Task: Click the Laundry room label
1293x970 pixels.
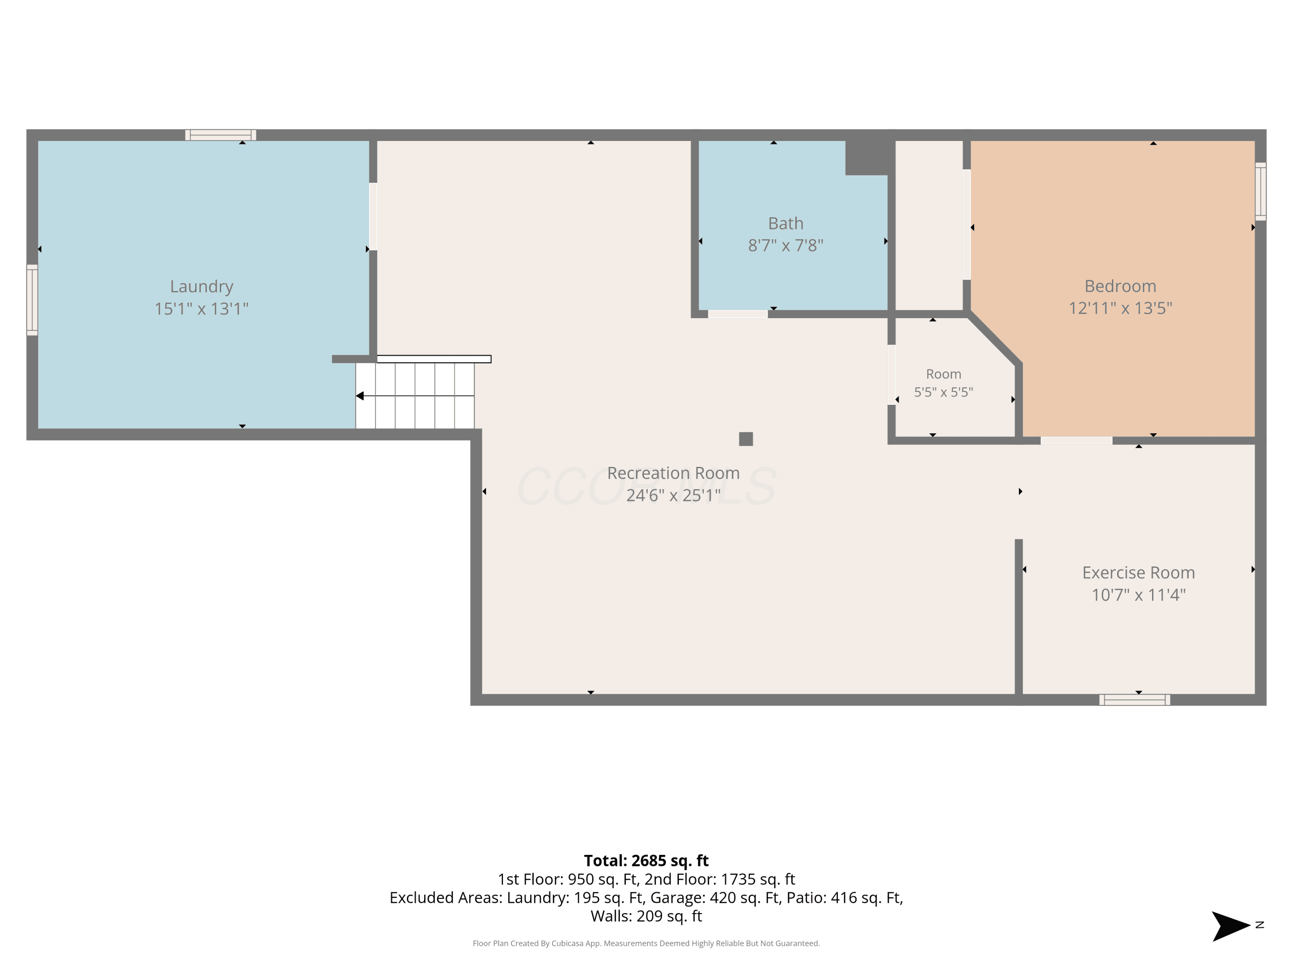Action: pos(202,287)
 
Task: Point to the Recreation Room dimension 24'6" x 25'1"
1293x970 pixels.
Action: pos(673,495)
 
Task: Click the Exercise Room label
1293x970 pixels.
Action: pos(1139,573)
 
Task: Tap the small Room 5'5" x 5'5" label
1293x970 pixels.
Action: pos(943,383)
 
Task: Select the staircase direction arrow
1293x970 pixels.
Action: pos(415,396)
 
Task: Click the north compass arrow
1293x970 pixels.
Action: pos(1231,926)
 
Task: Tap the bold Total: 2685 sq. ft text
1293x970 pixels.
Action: pos(646,860)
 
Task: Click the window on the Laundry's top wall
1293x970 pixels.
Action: pos(221,135)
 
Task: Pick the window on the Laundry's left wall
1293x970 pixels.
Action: pos(32,300)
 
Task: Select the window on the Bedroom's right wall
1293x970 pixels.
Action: pos(1261,191)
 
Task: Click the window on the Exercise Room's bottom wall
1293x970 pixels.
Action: pos(1134,700)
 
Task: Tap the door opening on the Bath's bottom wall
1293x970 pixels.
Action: pos(738,314)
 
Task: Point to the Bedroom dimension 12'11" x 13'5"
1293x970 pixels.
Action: pos(1121,308)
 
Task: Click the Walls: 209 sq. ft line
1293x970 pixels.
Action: pos(646,916)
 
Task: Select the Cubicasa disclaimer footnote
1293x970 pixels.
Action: pos(646,943)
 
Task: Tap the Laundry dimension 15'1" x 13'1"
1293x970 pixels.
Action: pos(202,309)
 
